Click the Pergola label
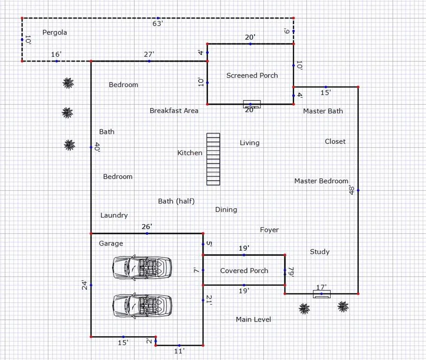point(54,33)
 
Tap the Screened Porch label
point(252,75)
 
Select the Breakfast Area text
point(174,111)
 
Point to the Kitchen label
point(190,153)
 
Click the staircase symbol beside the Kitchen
point(213,159)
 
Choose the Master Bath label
point(323,111)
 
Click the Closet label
point(335,142)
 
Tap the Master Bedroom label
point(321,181)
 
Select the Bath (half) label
point(176,201)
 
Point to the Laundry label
point(114,215)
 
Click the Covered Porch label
point(244,270)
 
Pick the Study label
point(320,252)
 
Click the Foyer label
point(269,230)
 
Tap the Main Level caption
point(253,320)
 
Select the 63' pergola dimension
point(158,23)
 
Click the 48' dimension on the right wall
point(351,190)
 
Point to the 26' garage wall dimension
point(147,226)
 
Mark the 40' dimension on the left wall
point(97,147)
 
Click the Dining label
point(226,210)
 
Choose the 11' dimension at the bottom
point(179,351)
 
